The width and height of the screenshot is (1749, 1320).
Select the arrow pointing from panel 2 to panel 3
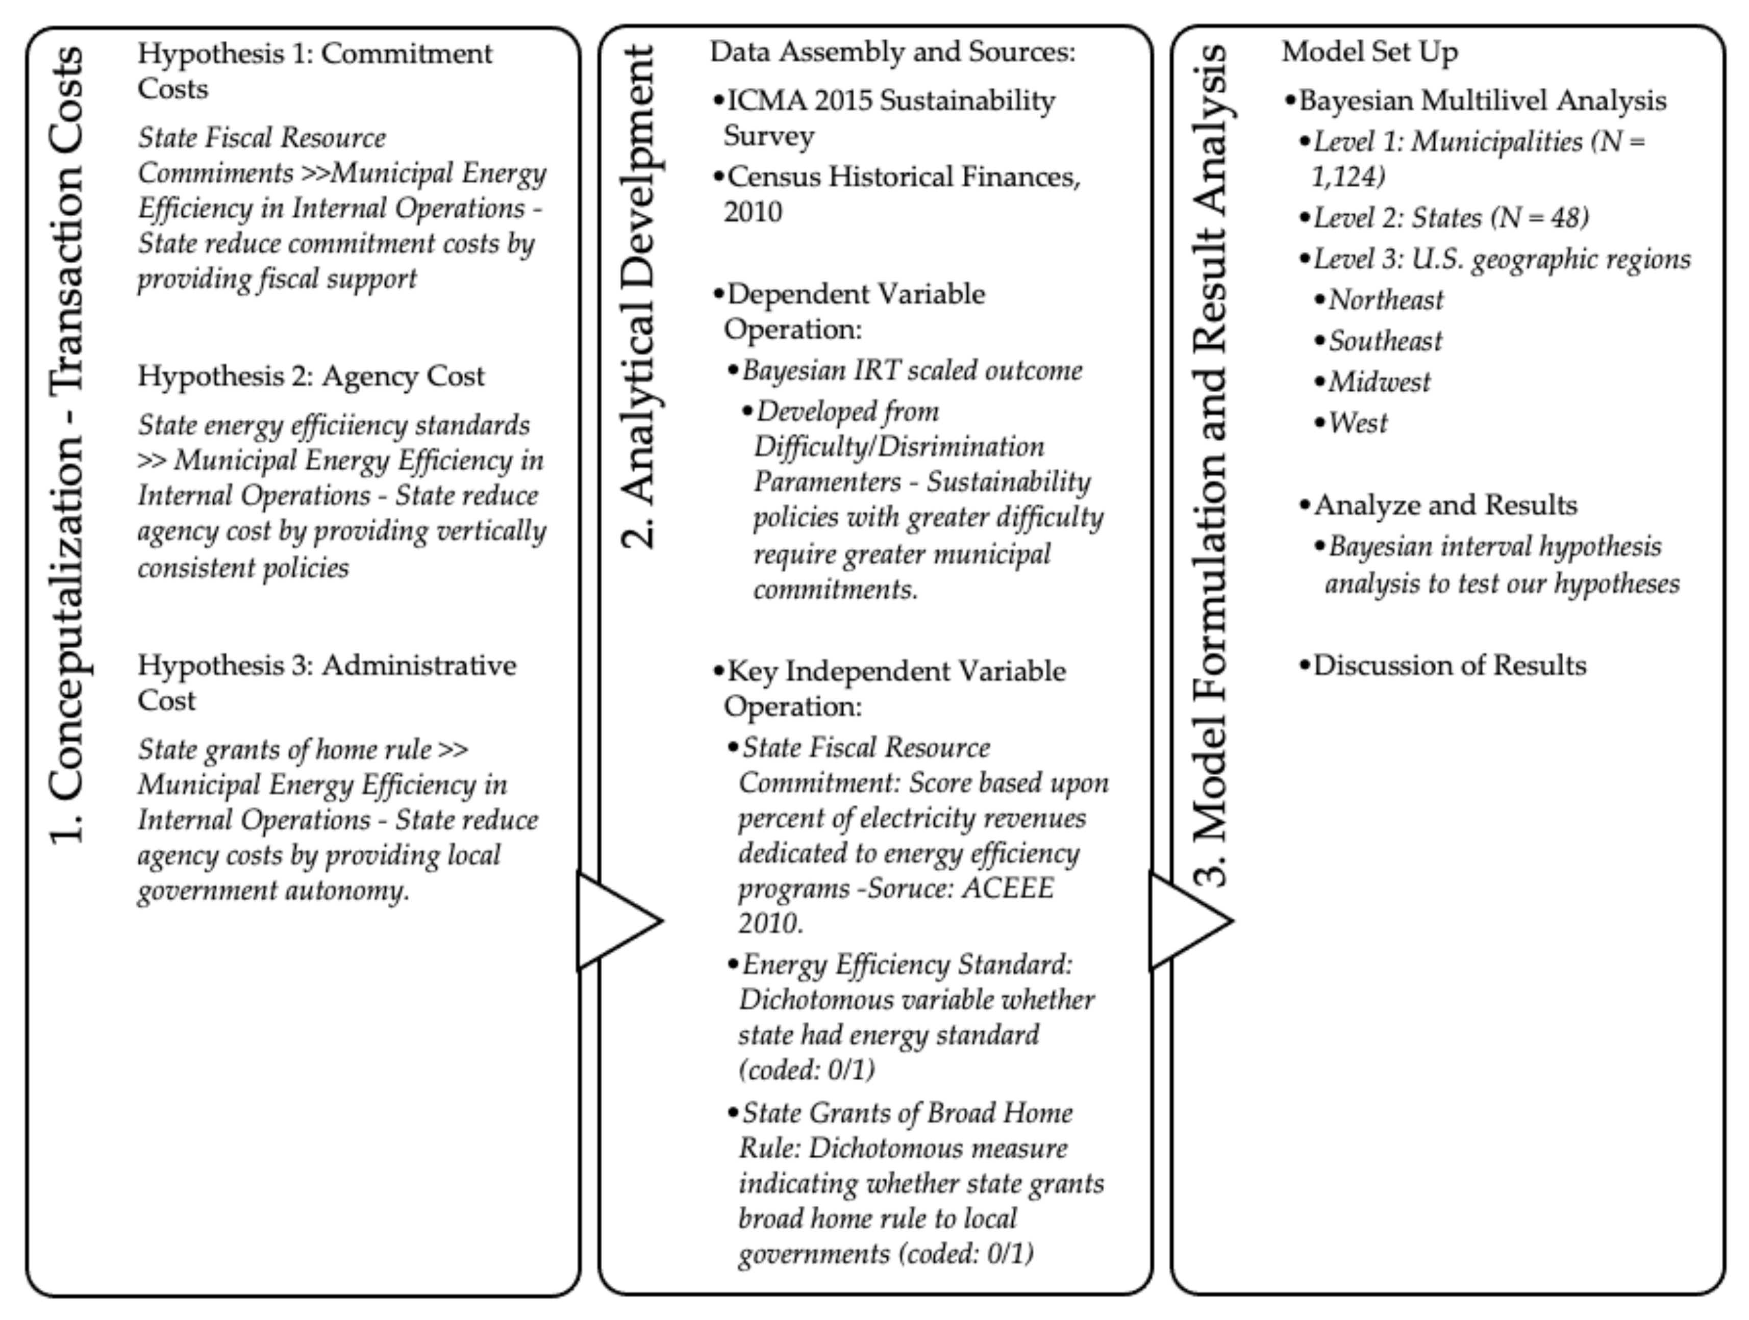[1188, 920]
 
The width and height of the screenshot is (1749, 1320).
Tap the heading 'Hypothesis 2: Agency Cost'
[311, 376]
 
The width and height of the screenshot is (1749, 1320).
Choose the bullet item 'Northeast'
[1385, 300]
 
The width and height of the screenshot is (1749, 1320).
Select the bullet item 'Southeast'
[1385, 341]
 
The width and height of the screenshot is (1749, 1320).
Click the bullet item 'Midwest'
[1379, 383]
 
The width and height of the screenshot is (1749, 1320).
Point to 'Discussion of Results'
[1450, 666]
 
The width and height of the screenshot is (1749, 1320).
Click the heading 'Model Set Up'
[1369, 52]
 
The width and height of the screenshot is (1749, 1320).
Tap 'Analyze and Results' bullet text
[1444, 505]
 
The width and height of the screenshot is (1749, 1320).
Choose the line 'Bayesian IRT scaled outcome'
[912, 371]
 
